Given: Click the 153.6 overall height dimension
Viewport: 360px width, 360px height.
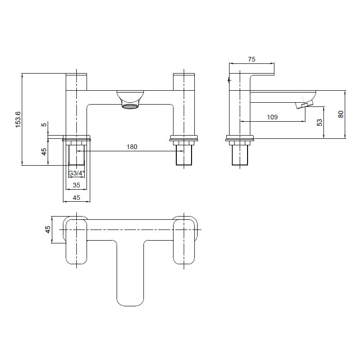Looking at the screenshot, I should tap(18, 119).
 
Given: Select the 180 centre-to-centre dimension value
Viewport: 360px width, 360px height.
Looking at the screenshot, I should tap(132, 147).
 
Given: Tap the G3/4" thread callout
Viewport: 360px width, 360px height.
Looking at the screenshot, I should tap(76, 174).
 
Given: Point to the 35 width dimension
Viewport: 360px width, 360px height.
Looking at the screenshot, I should tap(76, 185).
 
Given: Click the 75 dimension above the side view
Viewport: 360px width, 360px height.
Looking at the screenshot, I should tap(252, 59).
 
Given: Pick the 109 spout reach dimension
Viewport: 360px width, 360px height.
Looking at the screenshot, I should tap(273, 118).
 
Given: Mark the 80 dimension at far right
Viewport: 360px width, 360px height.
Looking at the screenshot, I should tap(341, 114).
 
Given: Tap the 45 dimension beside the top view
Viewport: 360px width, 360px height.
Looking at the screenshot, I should tap(48, 230).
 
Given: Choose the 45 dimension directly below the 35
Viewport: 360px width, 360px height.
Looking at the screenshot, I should tap(76, 198).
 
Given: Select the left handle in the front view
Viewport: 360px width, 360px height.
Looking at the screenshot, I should tap(76, 81).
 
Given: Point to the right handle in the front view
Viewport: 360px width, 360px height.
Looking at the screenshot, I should tap(184, 81).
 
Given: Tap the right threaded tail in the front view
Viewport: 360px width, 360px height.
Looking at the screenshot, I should tap(184, 156).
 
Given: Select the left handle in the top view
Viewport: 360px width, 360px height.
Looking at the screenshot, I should tap(76, 241).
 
